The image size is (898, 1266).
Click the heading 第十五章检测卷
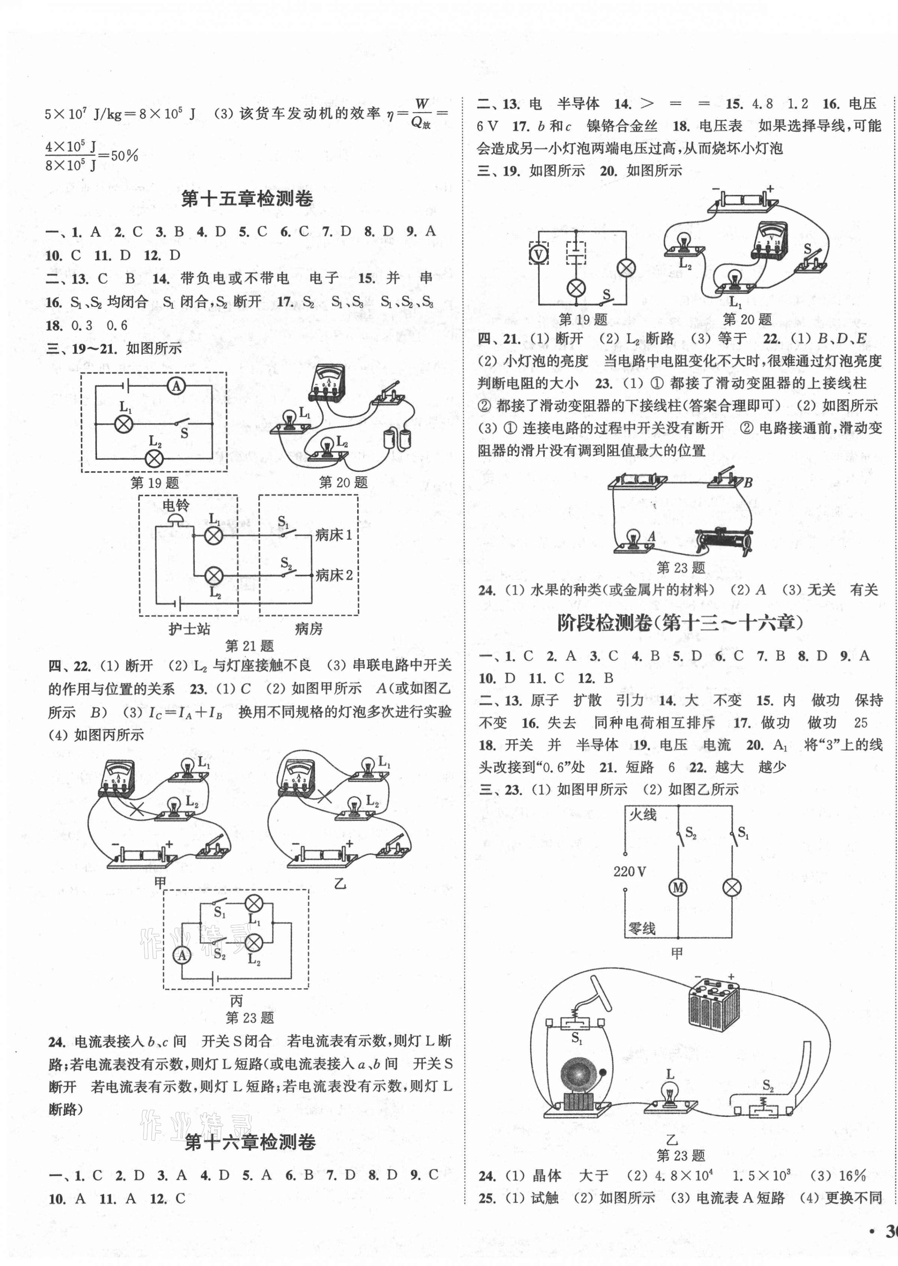pos(247,199)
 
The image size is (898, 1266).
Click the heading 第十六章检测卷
pos(250,1142)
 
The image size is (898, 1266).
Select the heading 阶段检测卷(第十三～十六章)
pos(680,623)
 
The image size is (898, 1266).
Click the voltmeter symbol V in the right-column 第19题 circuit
pos(538,254)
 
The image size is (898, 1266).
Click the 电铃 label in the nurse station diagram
pos(176,505)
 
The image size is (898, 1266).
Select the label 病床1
pos(334,535)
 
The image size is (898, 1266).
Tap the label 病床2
pos(334,575)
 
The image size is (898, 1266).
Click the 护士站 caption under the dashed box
pos(189,629)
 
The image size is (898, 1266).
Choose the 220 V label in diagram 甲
pos(630,871)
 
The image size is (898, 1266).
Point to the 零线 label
pos(641,928)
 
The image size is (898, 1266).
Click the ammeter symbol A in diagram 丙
pos(182,955)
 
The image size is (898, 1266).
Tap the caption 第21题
pos(249,646)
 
